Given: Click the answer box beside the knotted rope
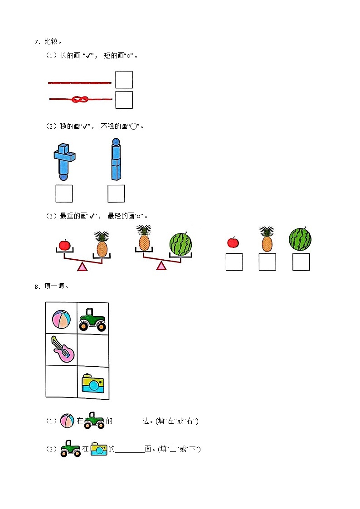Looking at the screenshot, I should click(x=124, y=100).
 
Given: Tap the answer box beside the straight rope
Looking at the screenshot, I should click(x=124, y=80).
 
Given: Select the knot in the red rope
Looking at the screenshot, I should click(x=80, y=99).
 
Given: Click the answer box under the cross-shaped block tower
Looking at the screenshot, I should click(x=64, y=194).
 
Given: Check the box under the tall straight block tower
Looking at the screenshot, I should click(x=116, y=194).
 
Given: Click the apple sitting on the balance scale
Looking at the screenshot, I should click(x=64, y=245).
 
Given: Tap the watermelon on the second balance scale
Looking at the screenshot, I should click(x=180, y=244).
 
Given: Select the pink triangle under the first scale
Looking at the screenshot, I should click(x=82, y=267).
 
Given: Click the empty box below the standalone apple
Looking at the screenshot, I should click(x=234, y=262).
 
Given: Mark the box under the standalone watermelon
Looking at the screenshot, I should click(x=301, y=262).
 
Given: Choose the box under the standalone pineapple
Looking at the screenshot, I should click(x=267, y=262).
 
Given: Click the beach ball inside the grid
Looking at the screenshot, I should click(x=61, y=319).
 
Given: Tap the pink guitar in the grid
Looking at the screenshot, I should click(x=62, y=349).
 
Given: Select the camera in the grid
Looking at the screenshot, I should click(x=93, y=383).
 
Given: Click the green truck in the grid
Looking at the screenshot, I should click(x=92, y=319).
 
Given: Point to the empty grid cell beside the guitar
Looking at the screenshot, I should click(x=93, y=350).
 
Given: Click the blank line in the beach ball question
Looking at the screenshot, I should click(x=127, y=422).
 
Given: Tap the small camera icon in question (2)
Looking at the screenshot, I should click(x=99, y=449).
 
